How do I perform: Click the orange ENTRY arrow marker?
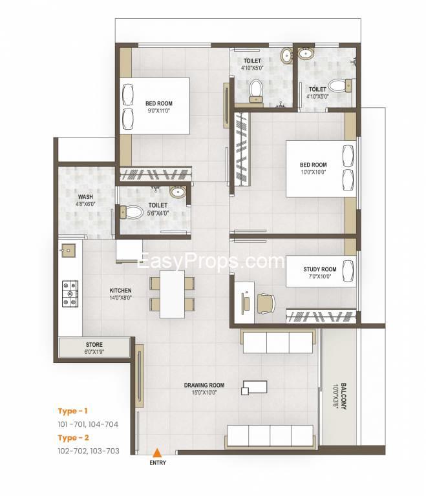[x=156, y=453]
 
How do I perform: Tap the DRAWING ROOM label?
[x=204, y=386]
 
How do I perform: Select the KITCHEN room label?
[x=120, y=291]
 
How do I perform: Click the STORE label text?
[x=94, y=344]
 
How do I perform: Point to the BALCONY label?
[x=343, y=397]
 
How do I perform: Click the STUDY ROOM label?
[x=320, y=269]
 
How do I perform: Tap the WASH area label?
[x=85, y=197]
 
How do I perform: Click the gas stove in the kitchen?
[x=70, y=294]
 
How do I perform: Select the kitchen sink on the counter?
[x=68, y=251]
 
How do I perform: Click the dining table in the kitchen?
[x=172, y=294]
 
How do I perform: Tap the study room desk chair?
[x=266, y=304]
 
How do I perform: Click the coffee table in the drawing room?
[x=254, y=387]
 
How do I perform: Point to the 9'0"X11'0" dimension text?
[x=159, y=111]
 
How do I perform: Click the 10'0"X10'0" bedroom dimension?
[x=313, y=172]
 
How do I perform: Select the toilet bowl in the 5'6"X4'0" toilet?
[x=132, y=212]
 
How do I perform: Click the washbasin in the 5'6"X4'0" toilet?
[x=178, y=192]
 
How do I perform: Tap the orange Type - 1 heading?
[x=72, y=411]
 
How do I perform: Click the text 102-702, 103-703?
[x=89, y=451]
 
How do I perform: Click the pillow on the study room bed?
[x=348, y=271]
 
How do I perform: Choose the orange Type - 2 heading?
[x=73, y=438]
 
